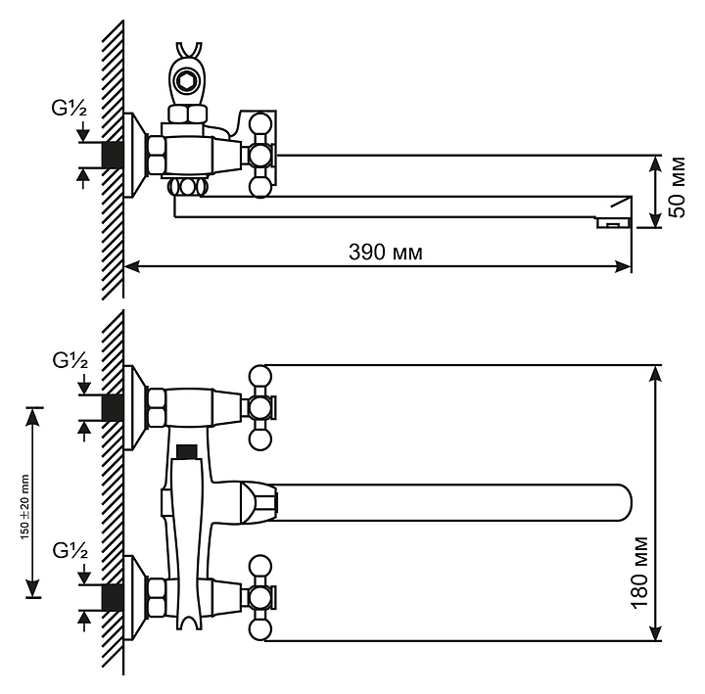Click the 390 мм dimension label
386,253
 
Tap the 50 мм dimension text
678,187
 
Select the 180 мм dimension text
640,573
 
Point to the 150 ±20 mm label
24,507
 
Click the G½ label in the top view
70,109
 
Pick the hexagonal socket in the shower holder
185,82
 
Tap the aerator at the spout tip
613,222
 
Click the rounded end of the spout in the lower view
623,502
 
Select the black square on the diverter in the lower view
187,451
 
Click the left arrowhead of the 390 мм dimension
131,266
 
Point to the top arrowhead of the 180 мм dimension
656,373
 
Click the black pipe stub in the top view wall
113,156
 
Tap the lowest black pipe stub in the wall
113,597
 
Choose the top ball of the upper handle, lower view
260,376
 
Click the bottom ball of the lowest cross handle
260,629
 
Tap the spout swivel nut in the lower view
258,502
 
